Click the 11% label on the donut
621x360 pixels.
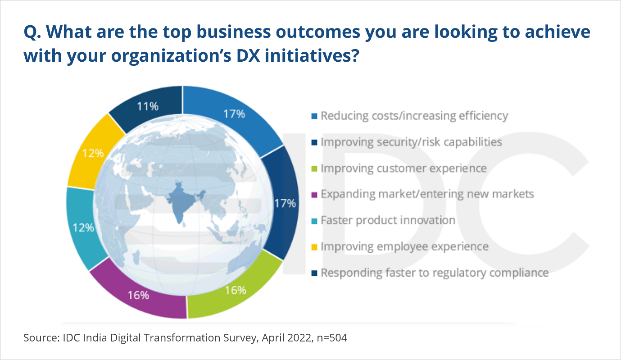coord(148,106)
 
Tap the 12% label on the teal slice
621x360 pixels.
coord(83,228)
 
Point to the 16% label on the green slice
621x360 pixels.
coord(236,290)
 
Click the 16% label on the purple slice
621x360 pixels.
coord(138,296)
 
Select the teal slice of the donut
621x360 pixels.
coord(83,228)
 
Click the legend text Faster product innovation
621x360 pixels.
coord(388,220)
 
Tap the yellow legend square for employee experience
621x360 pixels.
coord(314,247)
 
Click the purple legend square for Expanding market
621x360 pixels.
coord(314,195)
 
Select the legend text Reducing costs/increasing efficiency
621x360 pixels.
coord(414,116)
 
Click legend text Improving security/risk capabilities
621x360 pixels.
coord(412,142)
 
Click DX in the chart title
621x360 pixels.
coord(248,55)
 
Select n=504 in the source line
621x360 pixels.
coord(332,338)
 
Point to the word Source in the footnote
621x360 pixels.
coord(41,338)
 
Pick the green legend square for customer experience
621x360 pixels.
coord(314,169)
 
